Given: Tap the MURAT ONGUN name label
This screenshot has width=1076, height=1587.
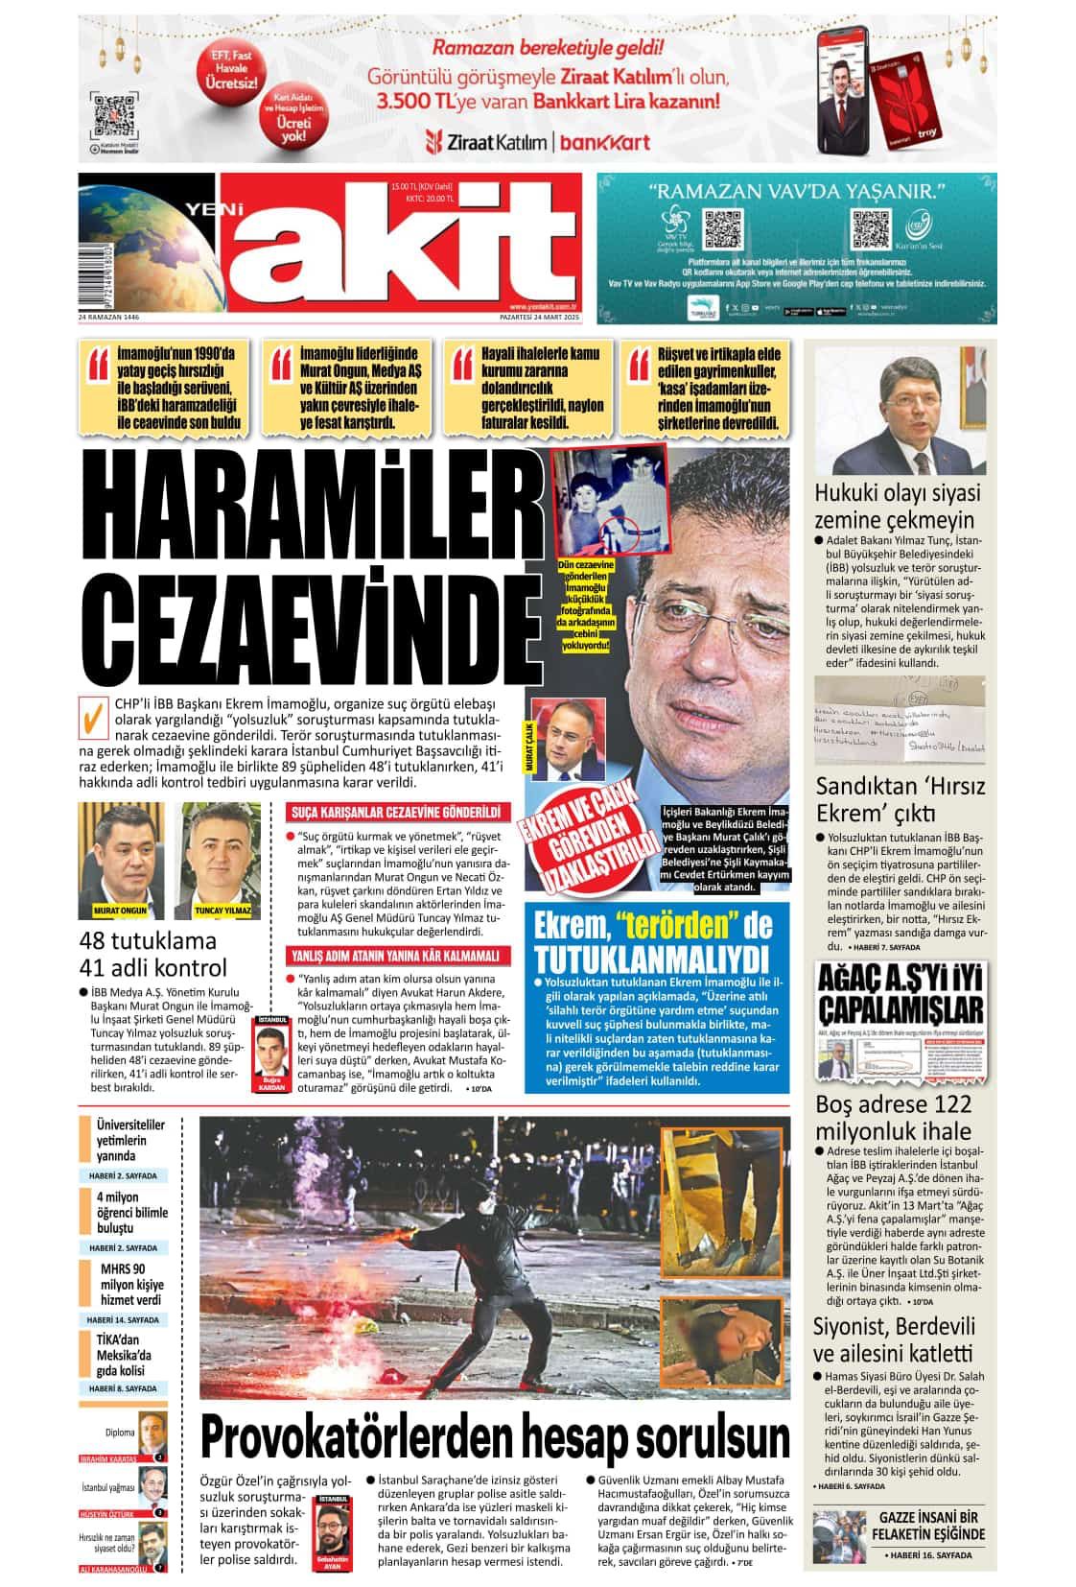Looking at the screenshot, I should (119, 910).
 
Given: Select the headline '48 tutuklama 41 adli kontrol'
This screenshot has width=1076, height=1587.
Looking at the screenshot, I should (153, 953).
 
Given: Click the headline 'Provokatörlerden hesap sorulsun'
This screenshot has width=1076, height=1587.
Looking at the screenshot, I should (495, 1435).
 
